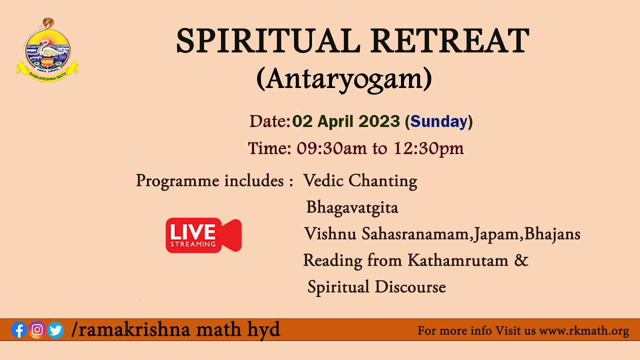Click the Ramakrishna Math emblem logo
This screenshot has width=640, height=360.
[x=47, y=50]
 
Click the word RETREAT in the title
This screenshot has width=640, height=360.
[x=450, y=40]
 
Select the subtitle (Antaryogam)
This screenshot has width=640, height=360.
[x=344, y=79]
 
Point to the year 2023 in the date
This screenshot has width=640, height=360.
[x=379, y=121]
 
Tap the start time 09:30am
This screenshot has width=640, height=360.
[x=331, y=148]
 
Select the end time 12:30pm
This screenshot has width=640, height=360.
[x=428, y=149]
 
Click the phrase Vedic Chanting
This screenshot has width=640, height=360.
[x=360, y=181]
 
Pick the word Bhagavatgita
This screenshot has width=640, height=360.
[x=352, y=207]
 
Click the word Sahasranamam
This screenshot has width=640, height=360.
[x=415, y=234]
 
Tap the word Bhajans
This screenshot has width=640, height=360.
[x=552, y=234]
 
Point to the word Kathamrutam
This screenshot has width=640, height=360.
[x=458, y=260]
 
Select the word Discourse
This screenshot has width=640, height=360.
[x=410, y=287]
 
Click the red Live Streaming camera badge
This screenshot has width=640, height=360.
[x=203, y=235]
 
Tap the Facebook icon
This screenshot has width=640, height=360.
[x=19, y=329]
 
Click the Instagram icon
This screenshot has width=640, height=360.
[x=37, y=329]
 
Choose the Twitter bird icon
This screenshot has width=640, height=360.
[x=55, y=330]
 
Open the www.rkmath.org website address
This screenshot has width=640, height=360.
[x=584, y=331]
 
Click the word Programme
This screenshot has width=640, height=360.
[x=177, y=181]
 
